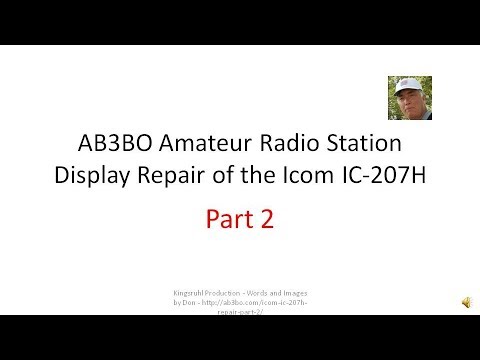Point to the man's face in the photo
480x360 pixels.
pyautogui.click(x=410, y=102)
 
